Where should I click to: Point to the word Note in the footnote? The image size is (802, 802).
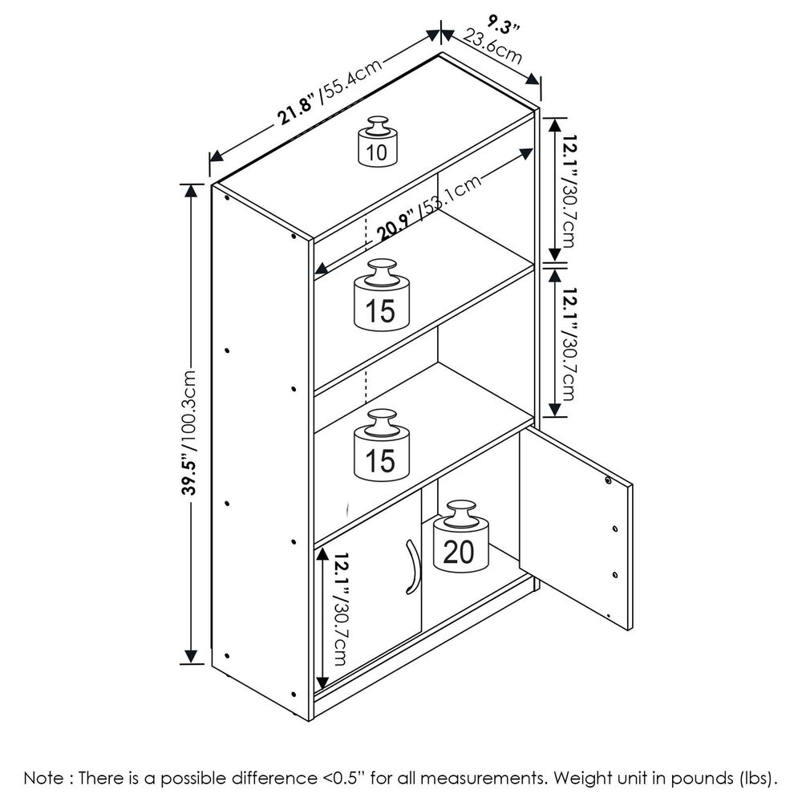40,778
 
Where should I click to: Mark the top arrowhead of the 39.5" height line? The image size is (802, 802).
192,191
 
